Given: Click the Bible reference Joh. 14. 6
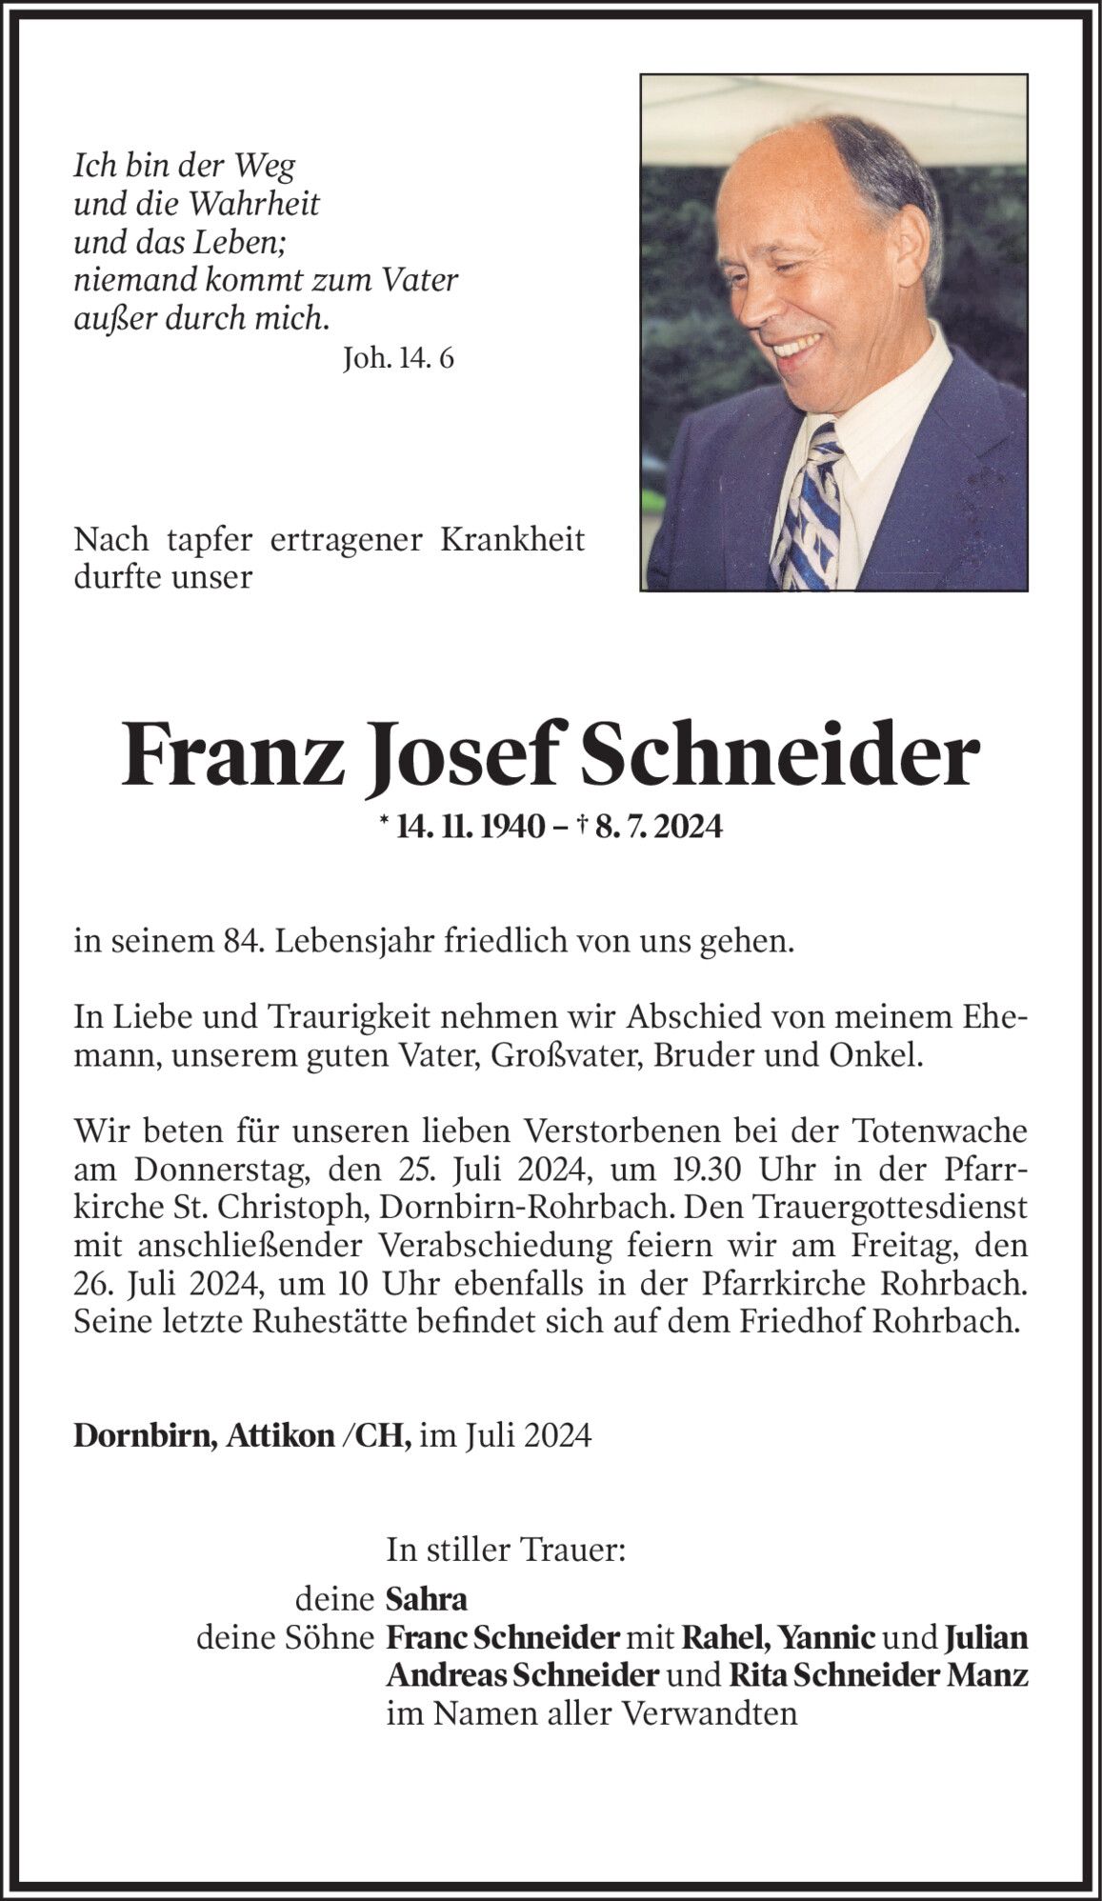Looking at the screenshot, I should click(x=398, y=358).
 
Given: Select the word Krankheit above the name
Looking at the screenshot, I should click(x=512, y=539).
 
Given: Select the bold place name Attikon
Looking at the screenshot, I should click(x=280, y=1435).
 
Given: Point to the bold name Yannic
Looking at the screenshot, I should click(x=828, y=1637).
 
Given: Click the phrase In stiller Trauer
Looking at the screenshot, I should click(x=506, y=1550).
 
